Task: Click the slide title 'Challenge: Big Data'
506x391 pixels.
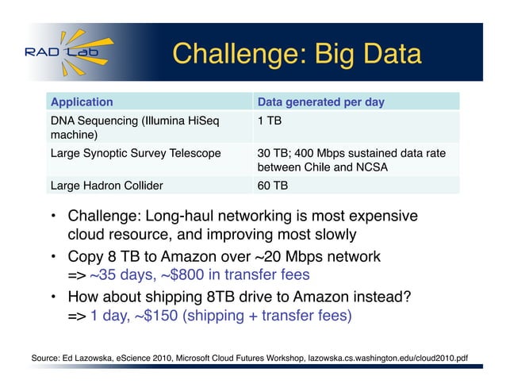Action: (x=297, y=55)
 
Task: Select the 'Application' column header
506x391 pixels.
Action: (x=82, y=102)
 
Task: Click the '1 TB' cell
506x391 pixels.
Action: (x=270, y=121)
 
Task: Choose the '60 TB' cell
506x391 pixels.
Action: (x=273, y=186)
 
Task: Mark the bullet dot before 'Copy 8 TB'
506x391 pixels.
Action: (x=51, y=257)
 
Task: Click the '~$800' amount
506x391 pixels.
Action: (x=176, y=275)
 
